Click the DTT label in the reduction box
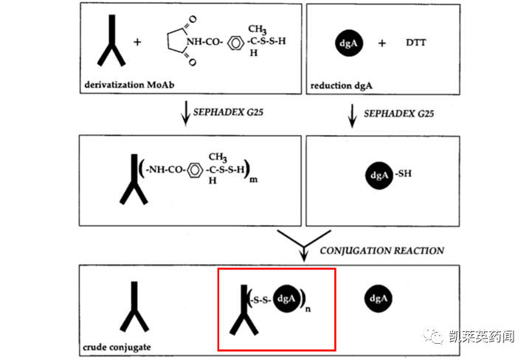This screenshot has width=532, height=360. click(415, 43)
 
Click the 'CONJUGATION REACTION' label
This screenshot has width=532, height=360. click(382, 251)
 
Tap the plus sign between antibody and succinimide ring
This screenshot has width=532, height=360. click(137, 43)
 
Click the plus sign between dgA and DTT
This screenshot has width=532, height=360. click(382, 43)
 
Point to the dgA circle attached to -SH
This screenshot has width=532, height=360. click(378, 176)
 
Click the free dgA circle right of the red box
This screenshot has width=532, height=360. click(379, 299)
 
